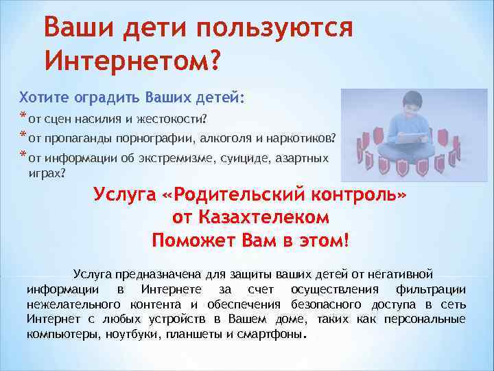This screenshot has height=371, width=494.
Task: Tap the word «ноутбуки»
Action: (137, 335)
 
